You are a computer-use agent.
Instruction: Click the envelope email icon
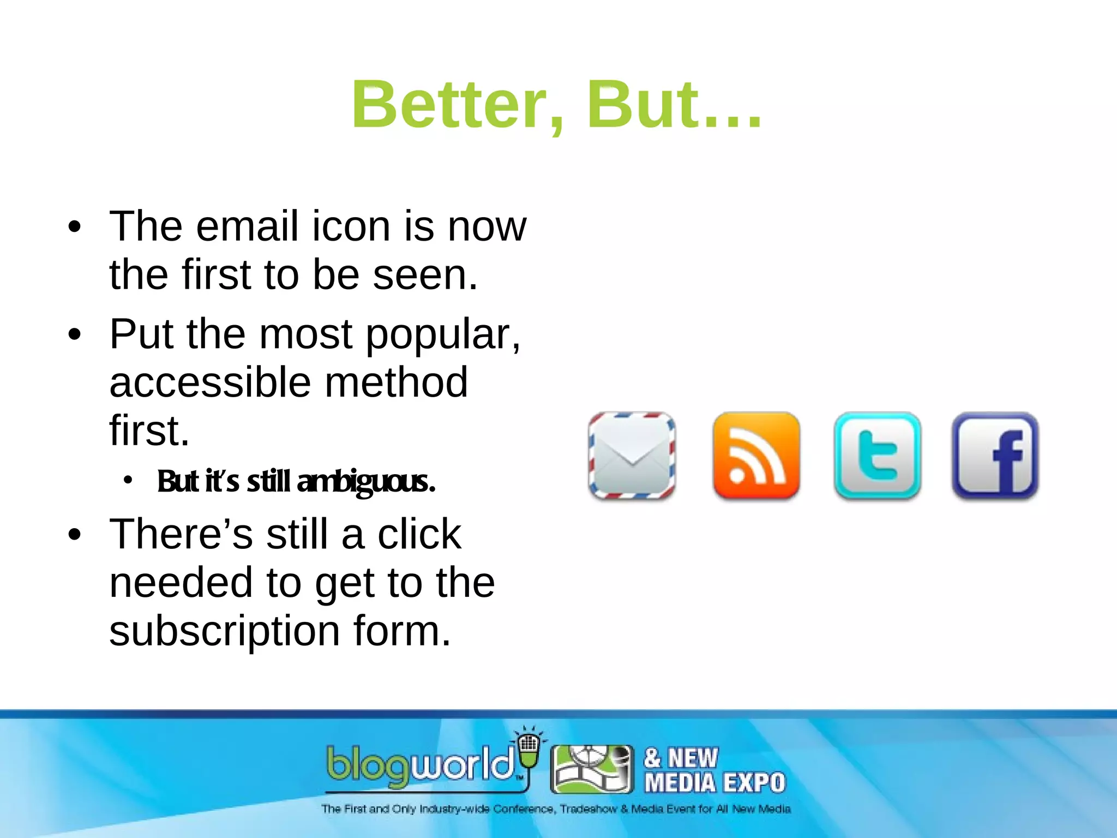(x=632, y=456)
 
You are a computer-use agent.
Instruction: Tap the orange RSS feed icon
(x=756, y=456)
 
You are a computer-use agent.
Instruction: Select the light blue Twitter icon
(x=877, y=456)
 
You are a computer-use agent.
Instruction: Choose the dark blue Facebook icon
(x=995, y=456)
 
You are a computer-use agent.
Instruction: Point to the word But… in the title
(x=674, y=104)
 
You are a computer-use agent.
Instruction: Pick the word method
(x=397, y=382)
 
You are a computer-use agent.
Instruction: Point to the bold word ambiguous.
(x=367, y=481)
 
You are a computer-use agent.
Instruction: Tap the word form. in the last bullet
(x=403, y=631)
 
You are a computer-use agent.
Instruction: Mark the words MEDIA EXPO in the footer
(x=714, y=783)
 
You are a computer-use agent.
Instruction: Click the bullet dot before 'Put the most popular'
(x=75, y=334)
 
